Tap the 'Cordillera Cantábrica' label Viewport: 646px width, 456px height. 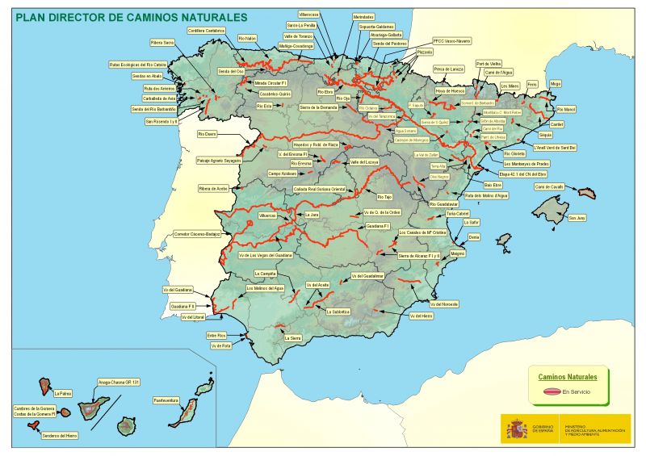(x=207, y=31)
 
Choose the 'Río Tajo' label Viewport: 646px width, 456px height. (x=384, y=196)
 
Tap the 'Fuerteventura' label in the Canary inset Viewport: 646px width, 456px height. (x=166, y=399)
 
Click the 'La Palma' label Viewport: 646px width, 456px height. (x=63, y=394)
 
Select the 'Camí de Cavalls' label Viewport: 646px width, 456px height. (x=549, y=186)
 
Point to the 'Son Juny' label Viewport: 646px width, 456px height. (x=577, y=218)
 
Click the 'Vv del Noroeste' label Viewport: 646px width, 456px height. (x=445, y=304)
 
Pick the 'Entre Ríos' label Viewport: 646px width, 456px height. (x=216, y=335)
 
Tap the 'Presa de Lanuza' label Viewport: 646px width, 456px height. (x=448, y=69)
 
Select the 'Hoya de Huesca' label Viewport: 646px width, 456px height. (x=450, y=91)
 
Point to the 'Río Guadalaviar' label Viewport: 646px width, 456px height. (x=444, y=204)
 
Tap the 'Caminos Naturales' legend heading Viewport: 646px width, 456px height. (x=568, y=377)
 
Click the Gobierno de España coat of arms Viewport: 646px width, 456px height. (x=515, y=429)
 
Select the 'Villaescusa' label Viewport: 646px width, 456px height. (x=308, y=15)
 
